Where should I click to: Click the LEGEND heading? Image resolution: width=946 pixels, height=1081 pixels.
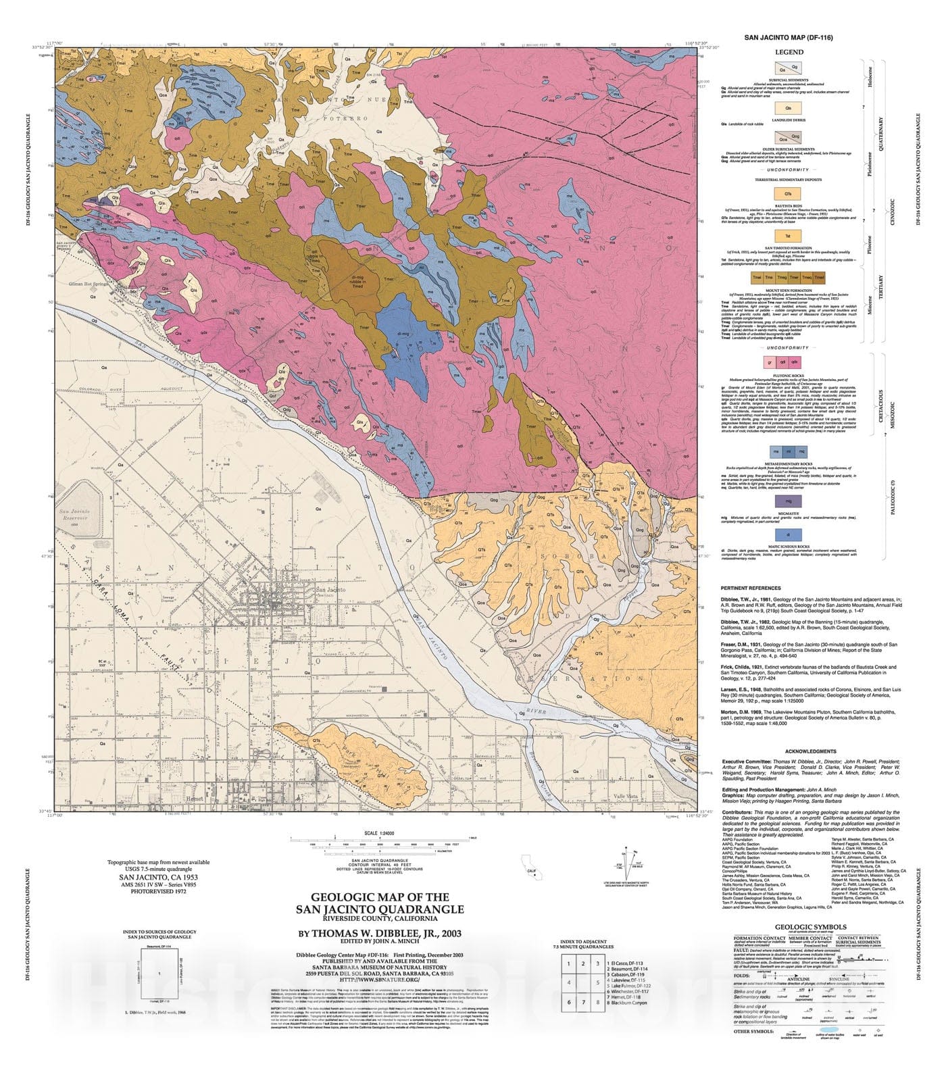tap(789, 52)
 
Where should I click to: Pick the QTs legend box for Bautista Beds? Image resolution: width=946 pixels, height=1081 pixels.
tap(789, 194)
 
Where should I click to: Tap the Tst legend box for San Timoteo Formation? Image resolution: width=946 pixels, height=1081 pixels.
tap(789, 236)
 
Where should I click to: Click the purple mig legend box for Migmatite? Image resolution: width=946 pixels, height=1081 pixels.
tap(789, 501)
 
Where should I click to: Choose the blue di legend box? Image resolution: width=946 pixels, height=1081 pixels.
tap(789, 534)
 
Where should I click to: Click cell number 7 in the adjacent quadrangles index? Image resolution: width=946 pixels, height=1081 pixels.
tap(584, 1022)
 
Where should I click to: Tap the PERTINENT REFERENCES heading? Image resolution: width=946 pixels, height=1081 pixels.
tap(751, 588)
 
